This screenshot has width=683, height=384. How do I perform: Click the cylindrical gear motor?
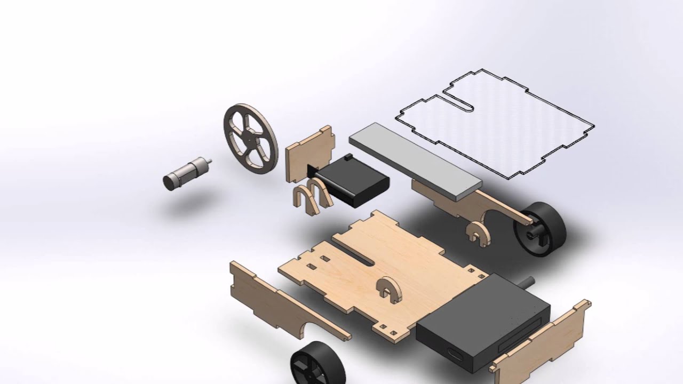point(184,173)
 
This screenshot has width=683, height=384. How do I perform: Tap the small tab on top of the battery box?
point(348,158)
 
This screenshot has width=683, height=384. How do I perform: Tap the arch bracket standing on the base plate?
point(388,290)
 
